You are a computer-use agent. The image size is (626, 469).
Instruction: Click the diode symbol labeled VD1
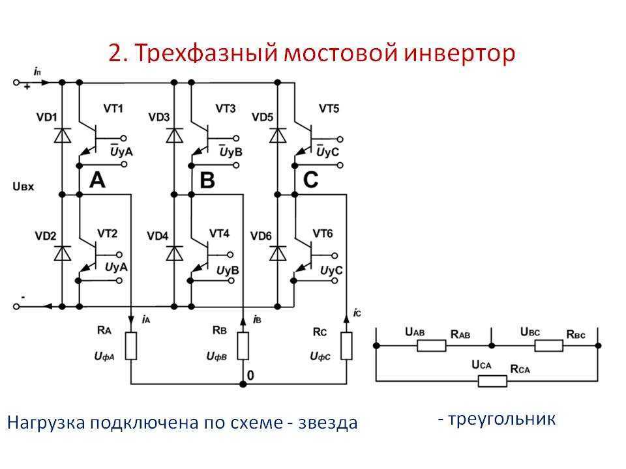coord(63,135)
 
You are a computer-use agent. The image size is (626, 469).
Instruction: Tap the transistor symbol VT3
coord(202,136)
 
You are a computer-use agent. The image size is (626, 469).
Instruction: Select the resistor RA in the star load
coord(132,346)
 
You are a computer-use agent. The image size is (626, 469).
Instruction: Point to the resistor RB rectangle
coord(243,346)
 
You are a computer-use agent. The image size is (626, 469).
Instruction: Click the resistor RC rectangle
coord(346,346)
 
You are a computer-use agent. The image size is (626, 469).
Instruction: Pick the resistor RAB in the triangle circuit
coord(432,345)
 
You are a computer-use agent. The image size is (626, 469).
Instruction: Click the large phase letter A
coord(97,180)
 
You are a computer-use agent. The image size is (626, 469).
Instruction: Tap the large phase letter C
coord(310,180)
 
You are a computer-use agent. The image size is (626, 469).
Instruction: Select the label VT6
coord(322,233)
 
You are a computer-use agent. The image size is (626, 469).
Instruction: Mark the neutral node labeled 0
coord(250,376)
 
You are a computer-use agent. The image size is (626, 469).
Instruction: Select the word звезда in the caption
coord(327,423)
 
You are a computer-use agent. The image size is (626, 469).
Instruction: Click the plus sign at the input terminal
coord(27,87)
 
